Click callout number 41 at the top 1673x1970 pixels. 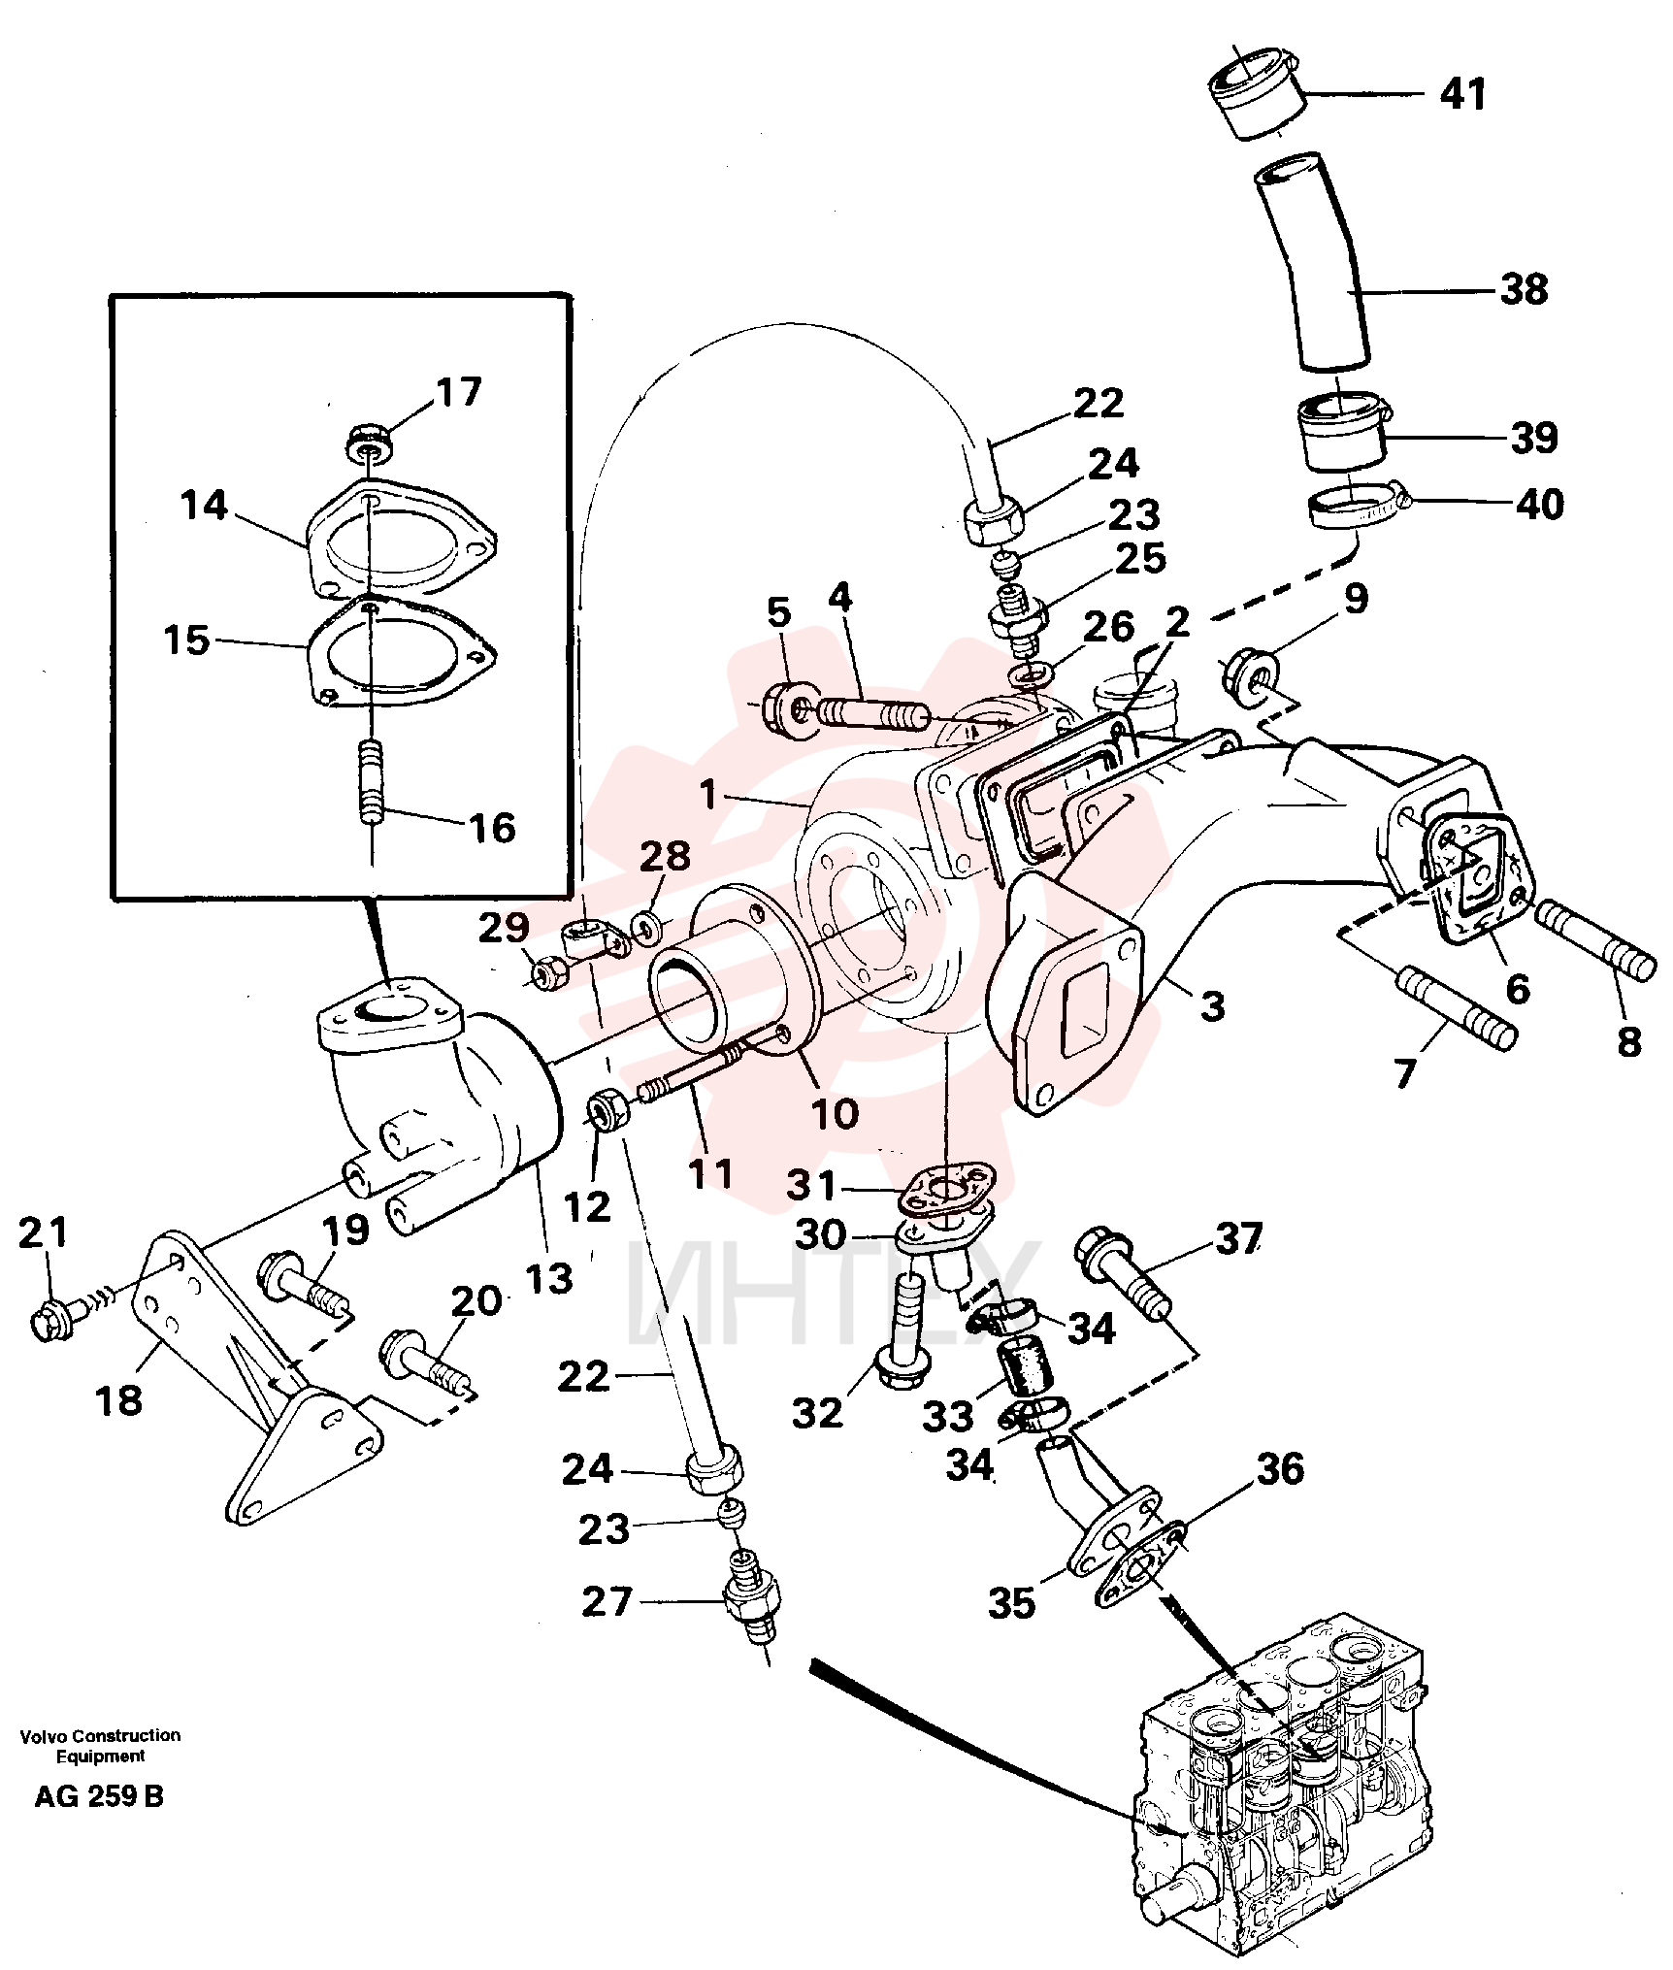1462,94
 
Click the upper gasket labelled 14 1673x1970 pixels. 400,539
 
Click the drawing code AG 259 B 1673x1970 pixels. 99,1796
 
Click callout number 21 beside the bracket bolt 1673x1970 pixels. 44,1232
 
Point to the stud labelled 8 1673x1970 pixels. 1595,939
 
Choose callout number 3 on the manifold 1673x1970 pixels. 1213,1006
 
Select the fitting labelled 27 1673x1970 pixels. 753,1605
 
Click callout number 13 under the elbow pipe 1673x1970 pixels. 550,1278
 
